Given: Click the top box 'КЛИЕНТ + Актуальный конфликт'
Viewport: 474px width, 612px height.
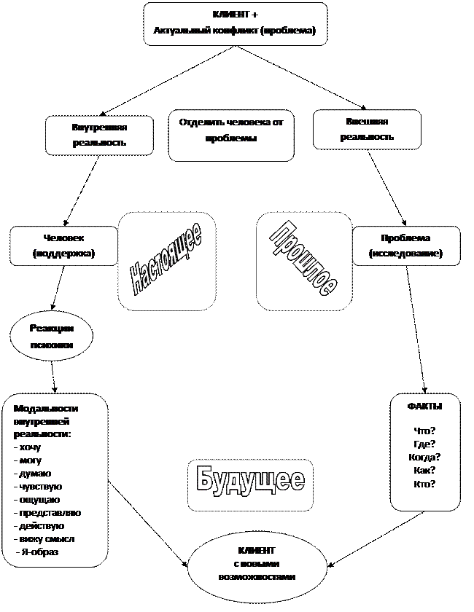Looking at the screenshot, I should (235, 24).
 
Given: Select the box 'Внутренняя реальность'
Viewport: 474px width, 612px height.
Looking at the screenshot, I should (99, 135).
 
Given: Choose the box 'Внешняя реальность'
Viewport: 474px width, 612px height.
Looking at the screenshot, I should (367, 129).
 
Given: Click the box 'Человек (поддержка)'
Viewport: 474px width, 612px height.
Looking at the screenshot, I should (64, 246).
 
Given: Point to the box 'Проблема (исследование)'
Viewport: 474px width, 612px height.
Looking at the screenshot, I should (405, 246).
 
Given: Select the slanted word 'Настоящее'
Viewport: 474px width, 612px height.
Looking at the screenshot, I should (167, 260).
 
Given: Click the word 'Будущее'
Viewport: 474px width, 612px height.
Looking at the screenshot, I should (251, 480).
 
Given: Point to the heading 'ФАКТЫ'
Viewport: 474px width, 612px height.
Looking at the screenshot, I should (424, 407).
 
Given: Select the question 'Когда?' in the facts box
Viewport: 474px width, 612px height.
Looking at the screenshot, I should (424, 457).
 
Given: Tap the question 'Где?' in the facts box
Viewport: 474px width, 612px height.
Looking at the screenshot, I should (424, 444).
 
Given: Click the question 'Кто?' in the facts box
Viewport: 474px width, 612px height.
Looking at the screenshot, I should (424, 483).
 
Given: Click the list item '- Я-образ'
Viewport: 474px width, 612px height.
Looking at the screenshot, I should (37, 552).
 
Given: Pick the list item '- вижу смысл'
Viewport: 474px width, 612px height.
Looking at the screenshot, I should (44, 539).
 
